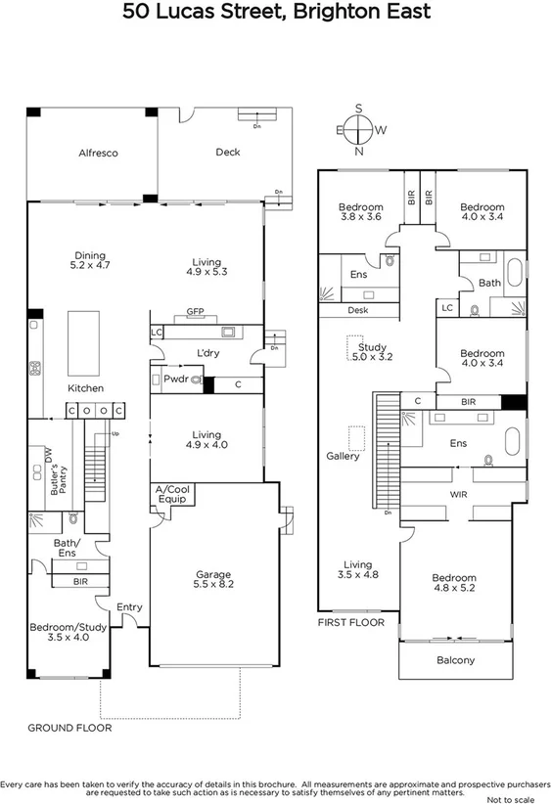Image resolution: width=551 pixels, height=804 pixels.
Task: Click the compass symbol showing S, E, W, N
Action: (x=360, y=129)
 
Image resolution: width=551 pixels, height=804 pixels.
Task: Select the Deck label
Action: (x=228, y=152)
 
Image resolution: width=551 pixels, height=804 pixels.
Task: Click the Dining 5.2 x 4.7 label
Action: (x=90, y=259)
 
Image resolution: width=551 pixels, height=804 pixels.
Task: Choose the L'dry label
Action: (x=207, y=351)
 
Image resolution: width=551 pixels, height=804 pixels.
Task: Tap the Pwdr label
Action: (x=176, y=379)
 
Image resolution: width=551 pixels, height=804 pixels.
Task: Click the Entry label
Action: (x=129, y=607)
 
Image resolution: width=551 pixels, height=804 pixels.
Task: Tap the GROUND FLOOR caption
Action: (x=69, y=728)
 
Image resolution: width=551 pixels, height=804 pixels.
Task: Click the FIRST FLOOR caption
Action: (x=351, y=622)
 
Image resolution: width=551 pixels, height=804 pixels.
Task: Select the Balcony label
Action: (x=454, y=660)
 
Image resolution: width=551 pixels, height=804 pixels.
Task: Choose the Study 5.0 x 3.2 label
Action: (x=372, y=352)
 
